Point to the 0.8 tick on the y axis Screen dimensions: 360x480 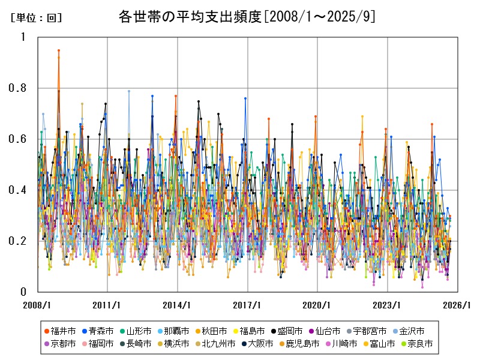coord(19,88)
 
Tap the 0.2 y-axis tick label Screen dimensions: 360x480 coord(19,241)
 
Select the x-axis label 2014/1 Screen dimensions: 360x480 coord(178,305)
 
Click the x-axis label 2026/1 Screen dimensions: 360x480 coord(458,305)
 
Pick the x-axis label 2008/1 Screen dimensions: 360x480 coord(37,305)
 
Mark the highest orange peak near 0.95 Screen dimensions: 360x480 coord(58,50)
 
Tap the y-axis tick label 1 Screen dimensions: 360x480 coord(23,37)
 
